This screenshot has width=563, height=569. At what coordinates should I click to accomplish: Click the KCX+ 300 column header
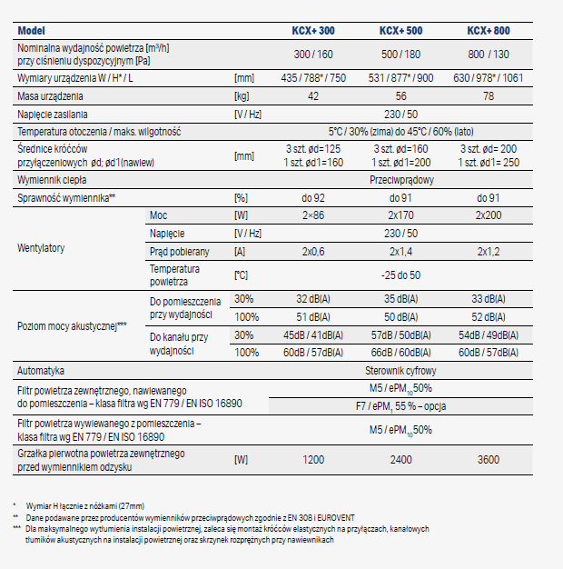(314, 30)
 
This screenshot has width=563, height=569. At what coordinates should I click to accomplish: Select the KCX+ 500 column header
(403, 30)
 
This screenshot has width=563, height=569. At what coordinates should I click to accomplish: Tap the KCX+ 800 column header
(489, 30)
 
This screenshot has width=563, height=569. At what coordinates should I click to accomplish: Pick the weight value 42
(314, 95)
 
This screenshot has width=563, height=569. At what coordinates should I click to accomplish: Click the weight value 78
(489, 95)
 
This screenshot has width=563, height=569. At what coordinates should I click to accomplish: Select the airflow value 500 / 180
(403, 54)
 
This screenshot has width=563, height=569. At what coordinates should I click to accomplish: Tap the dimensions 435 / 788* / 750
(314, 78)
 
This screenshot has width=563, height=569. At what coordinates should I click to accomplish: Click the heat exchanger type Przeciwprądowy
(403, 181)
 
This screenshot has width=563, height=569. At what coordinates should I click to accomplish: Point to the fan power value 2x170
(403, 215)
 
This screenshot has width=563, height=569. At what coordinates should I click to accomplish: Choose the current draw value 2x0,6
(314, 251)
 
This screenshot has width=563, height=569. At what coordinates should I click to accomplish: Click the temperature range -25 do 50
(403, 274)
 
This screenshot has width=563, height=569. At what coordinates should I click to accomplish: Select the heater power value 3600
(489, 460)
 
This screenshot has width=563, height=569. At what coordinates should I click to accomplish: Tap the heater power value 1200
(314, 460)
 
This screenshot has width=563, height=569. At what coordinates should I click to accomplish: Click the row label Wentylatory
(42, 247)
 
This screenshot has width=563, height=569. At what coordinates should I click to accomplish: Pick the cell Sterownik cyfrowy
(403, 371)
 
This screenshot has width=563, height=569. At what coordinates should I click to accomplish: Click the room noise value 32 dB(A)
(314, 299)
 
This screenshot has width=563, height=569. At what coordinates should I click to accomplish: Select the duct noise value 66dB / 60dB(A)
(403, 352)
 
